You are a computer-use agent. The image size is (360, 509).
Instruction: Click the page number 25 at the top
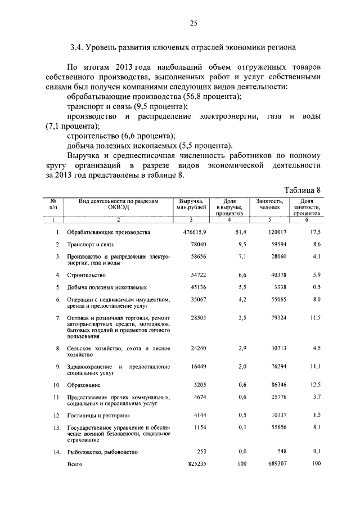(x=193, y=23)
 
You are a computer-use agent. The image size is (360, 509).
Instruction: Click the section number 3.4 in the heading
(x=77, y=46)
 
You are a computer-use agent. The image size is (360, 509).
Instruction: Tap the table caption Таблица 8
(x=303, y=190)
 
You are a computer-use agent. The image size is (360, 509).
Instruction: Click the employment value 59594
(x=278, y=245)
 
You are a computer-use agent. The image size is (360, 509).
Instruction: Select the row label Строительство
(x=86, y=275)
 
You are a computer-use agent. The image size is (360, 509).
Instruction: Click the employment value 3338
(x=280, y=287)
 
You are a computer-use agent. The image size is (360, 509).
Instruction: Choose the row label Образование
(x=84, y=385)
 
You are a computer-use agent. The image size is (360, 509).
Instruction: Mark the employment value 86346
(x=278, y=385)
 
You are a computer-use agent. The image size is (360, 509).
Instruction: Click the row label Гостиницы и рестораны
(x=98, y=416)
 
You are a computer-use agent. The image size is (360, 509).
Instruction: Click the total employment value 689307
(x=276, y=464)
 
